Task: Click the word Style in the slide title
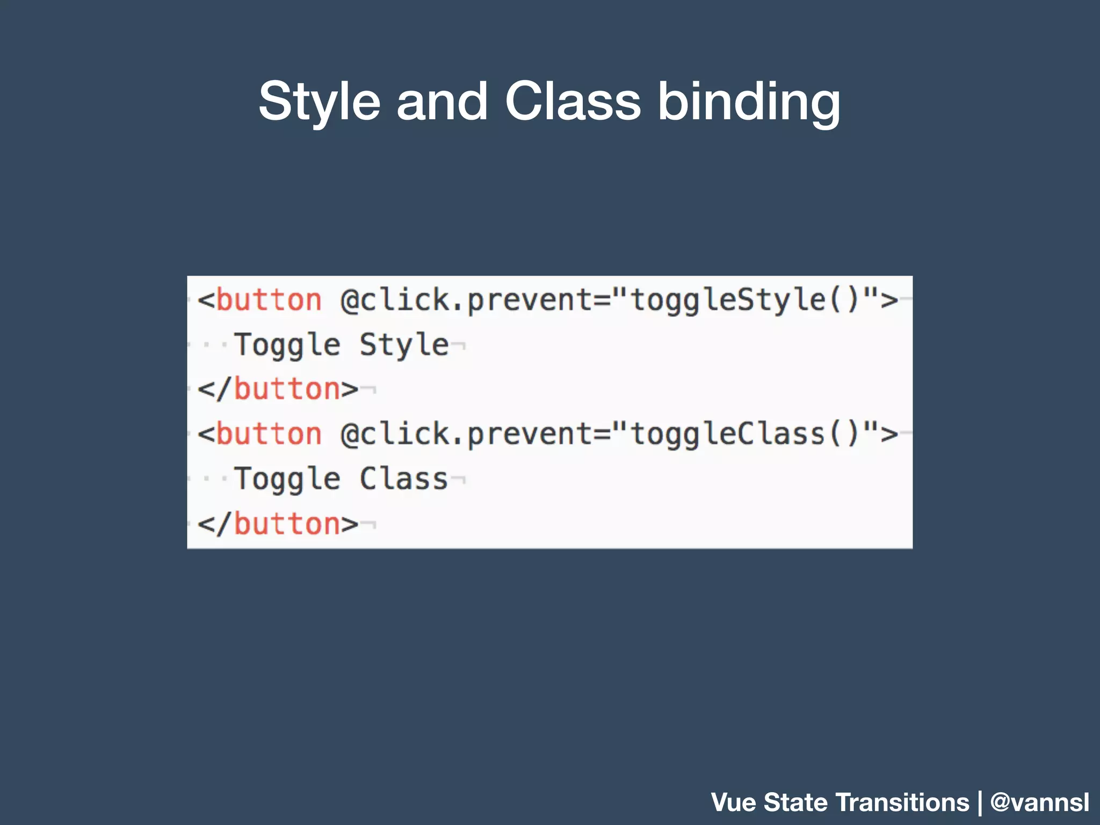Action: pyautogui.click(x=319, y=102)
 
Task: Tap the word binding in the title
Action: pyautogui.click(x=749, y=102)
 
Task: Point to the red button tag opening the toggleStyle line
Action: pyautogui.click(x=269, y=300)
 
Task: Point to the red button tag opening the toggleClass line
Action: pyautogui.click(x=269, y=434)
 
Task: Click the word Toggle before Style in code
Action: pyautogui.click(x=287, y=345)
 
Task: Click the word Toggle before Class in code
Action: pyautogui.click(x=287, y=479)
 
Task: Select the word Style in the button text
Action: pyautogui.click(x=404, y=345)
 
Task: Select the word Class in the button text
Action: pyautogui.click(x=404, y=479)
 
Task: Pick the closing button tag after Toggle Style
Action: pyautogui.click(x=278, y=389)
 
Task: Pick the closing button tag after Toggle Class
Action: pyautogui.click(x=278, y=524)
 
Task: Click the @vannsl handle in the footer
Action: pyautogui.click(x=1039, y=802)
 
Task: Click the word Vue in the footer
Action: pyautogui.click(x=734, y=802)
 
